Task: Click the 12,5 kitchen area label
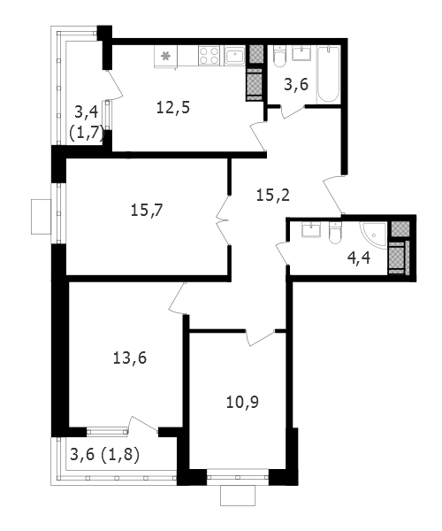[173, 108]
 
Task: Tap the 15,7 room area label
[147, 211]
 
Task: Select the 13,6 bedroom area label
[130, 358]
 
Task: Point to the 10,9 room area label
[242, 403]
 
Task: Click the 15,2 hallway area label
[273, 196]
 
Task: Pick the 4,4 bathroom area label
[359, 258]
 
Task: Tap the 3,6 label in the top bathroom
[296, 84]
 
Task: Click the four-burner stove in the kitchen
[209, 56]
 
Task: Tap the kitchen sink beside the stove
[234, 56]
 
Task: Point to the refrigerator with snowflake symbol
[165, 57]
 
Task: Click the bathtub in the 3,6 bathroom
[328, 74]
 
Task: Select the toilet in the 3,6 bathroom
[279, 57]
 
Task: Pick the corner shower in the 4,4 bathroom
[374, 235]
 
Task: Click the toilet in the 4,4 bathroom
[335, 233]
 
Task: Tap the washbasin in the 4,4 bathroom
[311, 230]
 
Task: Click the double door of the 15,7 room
[223, 219]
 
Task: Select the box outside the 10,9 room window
[238, 496]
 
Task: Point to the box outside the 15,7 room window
[41, 217]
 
